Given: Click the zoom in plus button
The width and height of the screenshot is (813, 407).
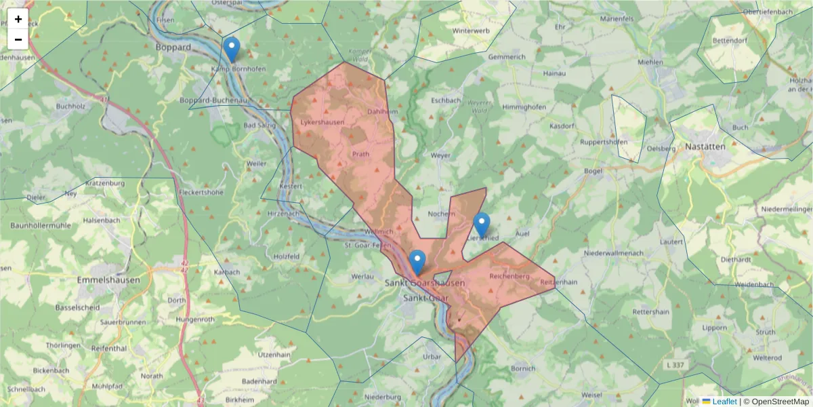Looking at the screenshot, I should [18, 19].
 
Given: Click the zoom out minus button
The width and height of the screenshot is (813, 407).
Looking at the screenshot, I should [18, 39].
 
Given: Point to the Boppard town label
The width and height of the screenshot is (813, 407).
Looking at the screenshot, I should [173, 47].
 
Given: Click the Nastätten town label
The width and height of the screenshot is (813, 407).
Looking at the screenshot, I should [705, 146].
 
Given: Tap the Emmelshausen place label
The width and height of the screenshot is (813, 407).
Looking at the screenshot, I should [109, 279].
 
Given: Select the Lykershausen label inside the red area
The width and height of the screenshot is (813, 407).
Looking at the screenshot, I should [322, 122].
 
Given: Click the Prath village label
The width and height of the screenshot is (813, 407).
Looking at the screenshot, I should [360, 154].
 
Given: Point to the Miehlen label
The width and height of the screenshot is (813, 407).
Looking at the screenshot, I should [650, 62].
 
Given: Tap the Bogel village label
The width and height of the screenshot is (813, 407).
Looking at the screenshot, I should [593, 171].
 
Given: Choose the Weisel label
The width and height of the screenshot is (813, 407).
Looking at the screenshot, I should [591, 394].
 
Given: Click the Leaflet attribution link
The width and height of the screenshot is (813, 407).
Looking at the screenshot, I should [724, 402].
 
